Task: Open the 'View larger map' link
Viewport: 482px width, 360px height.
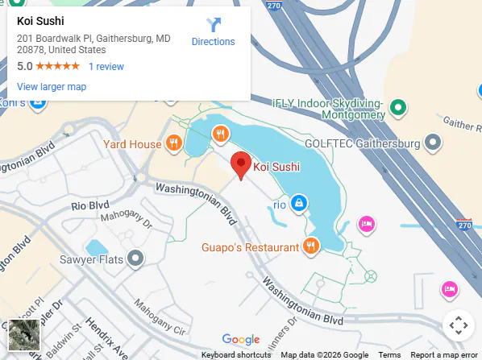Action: [52, 87]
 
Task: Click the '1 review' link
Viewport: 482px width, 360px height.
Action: [106, 67]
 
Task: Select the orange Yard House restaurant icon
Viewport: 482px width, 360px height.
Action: [172, 144]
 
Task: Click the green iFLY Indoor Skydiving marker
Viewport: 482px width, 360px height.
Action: [397, 106]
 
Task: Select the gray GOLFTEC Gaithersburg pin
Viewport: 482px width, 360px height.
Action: [434, 143]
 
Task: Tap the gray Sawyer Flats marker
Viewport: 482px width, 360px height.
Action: [136, 259]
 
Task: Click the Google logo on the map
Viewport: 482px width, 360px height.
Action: [240, 340]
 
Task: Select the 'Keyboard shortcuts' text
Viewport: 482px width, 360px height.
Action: [236, 355]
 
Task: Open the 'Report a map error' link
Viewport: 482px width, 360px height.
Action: [444, 355]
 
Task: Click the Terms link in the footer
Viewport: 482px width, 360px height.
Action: [389, 355]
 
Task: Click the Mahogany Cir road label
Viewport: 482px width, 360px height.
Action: [160, 319]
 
